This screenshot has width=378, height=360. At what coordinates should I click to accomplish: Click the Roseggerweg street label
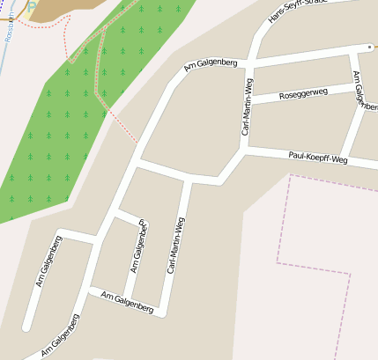pyautogui.click(x=302, y=92)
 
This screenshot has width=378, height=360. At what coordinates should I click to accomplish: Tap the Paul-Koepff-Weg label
pyautogui.click(x=318, y=158)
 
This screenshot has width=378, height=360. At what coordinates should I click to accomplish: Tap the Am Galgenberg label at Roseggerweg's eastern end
pyautogui.click(x=359, y=90)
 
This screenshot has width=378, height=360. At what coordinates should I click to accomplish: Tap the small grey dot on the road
pyautogui.click(x=370, y=45)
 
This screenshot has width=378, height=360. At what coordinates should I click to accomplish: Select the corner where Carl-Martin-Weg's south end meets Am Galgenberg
pyautogui.click(x=162, y=312)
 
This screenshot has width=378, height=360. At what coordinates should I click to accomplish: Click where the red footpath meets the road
pyautogui.click(x=138, y=142)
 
